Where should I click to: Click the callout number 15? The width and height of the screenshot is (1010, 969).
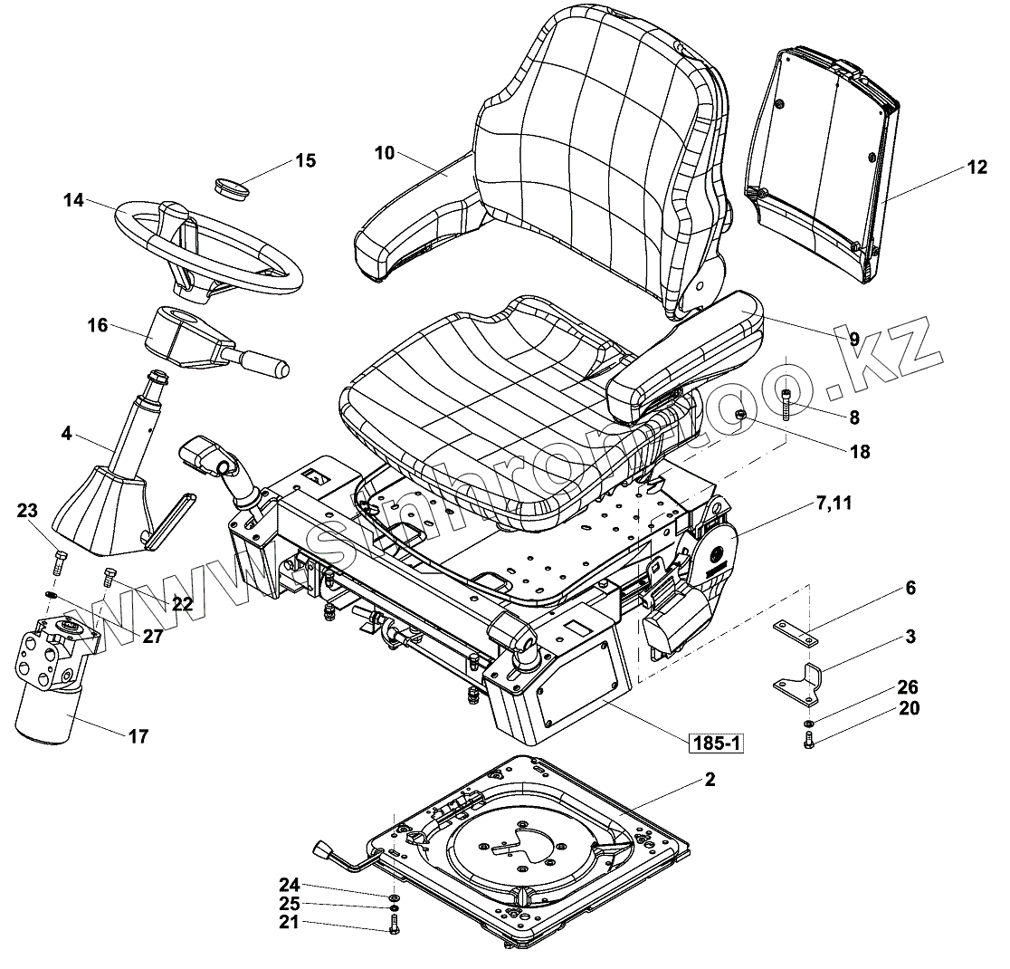click(x=305, y=161)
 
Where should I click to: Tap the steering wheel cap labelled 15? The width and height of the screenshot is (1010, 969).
click(x=232, y=187)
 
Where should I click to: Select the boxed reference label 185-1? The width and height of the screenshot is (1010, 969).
click(x=716, y=744)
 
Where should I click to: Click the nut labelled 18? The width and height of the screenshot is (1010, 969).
click(x=740, y=416)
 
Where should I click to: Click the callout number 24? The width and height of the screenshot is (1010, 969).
click(x=288, y=885)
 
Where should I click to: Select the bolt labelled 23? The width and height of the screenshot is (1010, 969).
click(x=60, y=561)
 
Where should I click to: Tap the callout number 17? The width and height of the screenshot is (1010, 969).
click(x=138, y=737)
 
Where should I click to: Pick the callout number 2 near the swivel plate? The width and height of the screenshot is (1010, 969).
click(x=710, y=780)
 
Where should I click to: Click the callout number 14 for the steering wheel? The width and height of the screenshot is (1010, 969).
click(x=73, y=200)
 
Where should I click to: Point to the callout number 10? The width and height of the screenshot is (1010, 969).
click(x=384, y=153)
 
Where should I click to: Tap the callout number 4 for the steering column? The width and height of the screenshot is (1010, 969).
click(x=66, y=434)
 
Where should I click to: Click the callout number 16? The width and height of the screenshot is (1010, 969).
click(x=98, y=324)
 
